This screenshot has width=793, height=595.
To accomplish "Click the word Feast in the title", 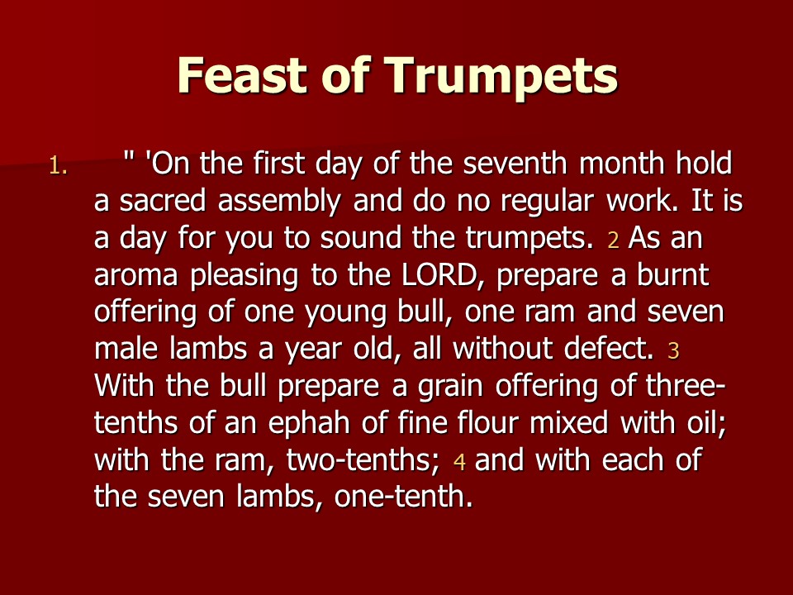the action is (x=242, y=75).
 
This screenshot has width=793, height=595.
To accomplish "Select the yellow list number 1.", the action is (x=59, y=166).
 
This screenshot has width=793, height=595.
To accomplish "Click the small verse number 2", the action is (x=613, y=240).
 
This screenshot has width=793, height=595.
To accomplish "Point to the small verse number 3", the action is (x=673, y=350).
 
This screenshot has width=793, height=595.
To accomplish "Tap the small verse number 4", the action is (x=459, y=462).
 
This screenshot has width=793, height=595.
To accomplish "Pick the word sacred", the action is (x=163, y=200).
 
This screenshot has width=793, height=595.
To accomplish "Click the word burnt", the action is (x=672, y=274).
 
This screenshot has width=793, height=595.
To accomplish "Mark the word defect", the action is (x=609, y=349).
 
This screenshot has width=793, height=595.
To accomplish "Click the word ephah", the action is (x=309, y=424).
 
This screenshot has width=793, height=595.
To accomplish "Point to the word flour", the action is (x=488, y=423).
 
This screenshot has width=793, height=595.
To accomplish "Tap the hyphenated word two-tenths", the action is (x=363, y=460).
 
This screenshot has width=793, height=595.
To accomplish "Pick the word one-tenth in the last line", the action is (x=404, y=497).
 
